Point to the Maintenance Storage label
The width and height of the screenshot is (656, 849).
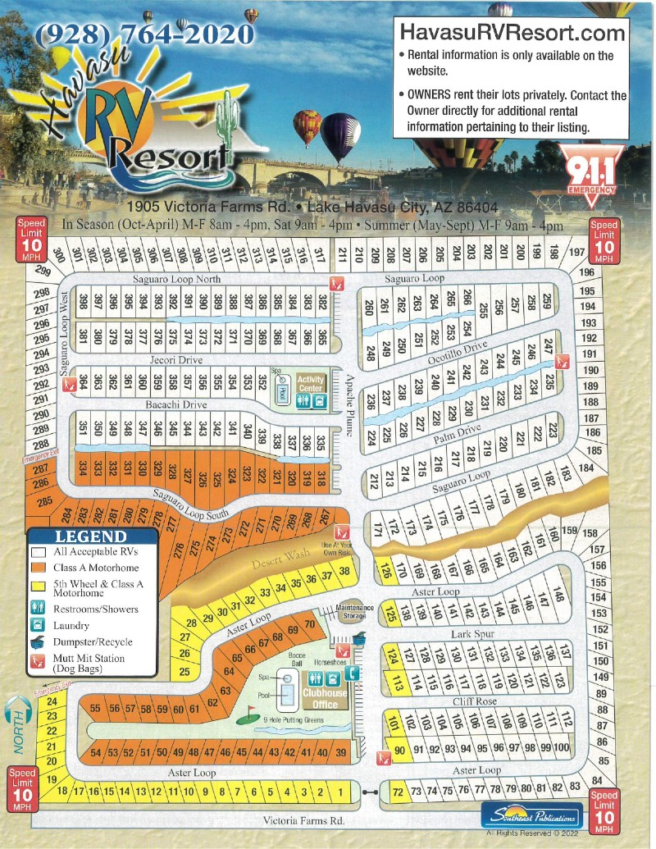[x=355, y=612]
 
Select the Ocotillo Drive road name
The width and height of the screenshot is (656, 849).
[x=456, y=353]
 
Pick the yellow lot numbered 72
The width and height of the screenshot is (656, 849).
[x=398, y=792]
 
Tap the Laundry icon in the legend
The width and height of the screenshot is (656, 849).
[x=36, y=627]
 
